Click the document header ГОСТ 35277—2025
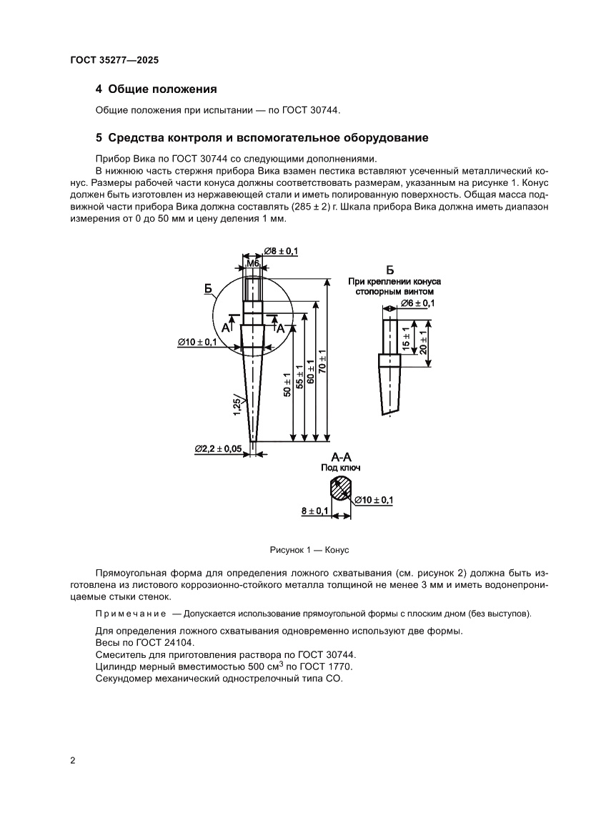point(114,62)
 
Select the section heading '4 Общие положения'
point(156,89)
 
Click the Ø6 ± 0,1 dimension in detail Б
point(418,303)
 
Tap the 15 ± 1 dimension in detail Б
point(406,338)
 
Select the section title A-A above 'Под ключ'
point(341,456)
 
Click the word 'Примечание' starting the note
point(131,614)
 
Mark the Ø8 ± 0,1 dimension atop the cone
point(281,250)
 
